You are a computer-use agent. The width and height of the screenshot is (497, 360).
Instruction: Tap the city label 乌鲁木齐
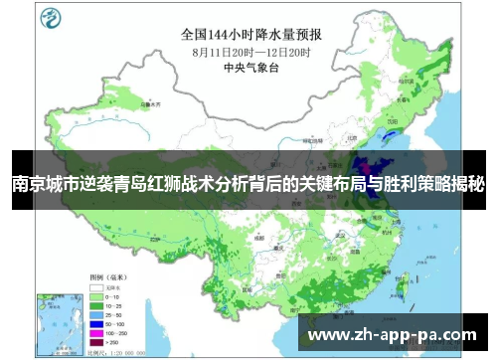(149, 102)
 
